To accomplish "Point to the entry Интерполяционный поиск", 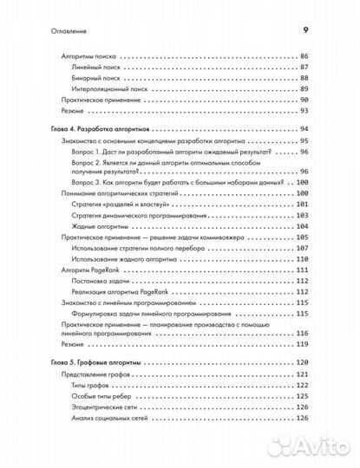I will click(x=111, y=88).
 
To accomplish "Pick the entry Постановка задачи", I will click(x=101, y=282).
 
